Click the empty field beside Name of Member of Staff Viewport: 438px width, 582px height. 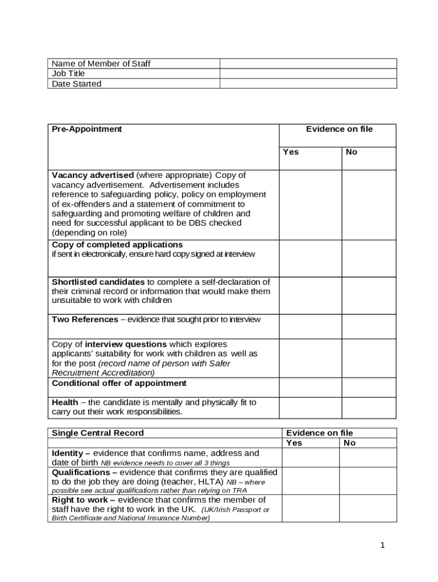click(x=308, y=64)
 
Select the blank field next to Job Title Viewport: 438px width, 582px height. click(x=308, y=73)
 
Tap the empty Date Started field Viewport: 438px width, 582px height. click(x=308, y=84)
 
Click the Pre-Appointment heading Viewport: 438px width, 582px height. click(x=87, y=129)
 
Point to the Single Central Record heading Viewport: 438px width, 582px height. click(x=98, y=433)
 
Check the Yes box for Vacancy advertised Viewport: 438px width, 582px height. click(x=310, y=205)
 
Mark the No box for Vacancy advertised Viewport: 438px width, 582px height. click(x=369, y=205)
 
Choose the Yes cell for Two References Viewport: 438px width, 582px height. click(x=310, y=326)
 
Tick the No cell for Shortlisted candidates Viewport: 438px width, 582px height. click(x=369, y=296)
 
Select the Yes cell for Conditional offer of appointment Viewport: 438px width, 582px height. click(x=310, y=387)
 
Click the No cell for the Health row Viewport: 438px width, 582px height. click(x=369, y=408)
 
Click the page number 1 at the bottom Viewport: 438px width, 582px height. click(x=383, y=546)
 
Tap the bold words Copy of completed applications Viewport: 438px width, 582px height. click(x=117, y=245)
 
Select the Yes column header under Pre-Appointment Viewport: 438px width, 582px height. click(x=291, y=152)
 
